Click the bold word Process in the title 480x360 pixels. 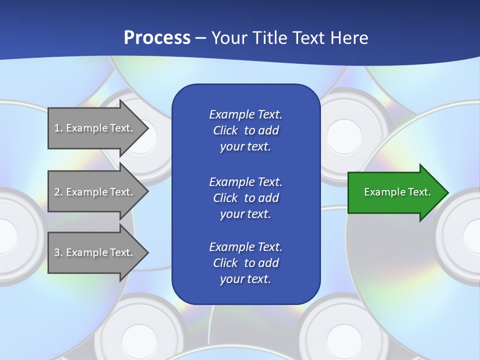157,38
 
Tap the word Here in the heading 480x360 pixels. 348,38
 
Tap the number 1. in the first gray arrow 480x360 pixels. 58,128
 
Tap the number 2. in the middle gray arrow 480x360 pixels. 58,192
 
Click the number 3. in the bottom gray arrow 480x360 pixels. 58,252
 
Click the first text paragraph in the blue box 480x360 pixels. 245,130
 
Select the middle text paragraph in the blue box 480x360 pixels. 245,198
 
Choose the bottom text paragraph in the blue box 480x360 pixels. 245,263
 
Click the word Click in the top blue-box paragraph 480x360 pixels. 225,130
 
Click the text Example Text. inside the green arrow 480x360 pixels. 397,192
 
